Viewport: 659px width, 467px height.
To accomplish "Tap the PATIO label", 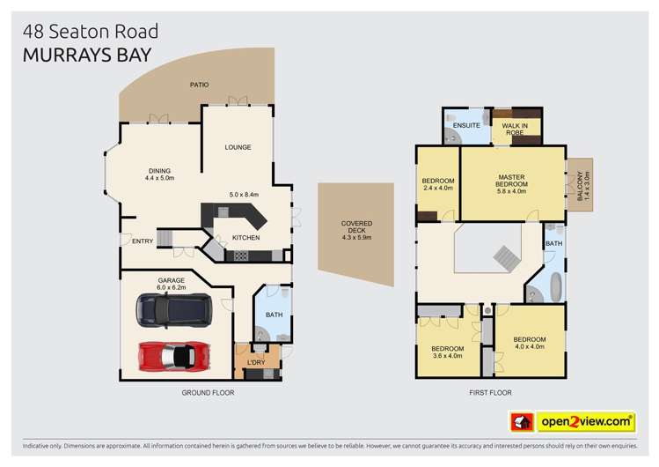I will coord(200,85).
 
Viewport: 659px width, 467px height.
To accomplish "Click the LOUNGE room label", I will coord(238,147).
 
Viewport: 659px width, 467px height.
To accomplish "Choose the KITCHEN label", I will coord(245,238).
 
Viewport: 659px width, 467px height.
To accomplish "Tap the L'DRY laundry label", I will coord(256,362).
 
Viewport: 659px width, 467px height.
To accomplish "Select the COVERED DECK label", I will coord(356,230).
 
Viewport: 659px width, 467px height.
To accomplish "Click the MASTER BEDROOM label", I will coord(510,182).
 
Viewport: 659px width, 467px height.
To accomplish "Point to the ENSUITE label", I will coord(465,126).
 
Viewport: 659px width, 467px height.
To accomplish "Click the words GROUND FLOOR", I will coord(208,392).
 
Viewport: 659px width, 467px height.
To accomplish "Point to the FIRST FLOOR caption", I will coord(490,392).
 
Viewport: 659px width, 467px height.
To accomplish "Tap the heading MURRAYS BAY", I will coord(86,55).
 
